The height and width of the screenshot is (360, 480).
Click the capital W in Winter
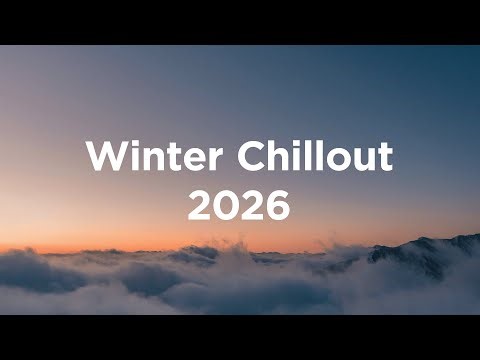point(102,158)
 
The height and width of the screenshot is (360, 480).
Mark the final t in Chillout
point(383,159)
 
